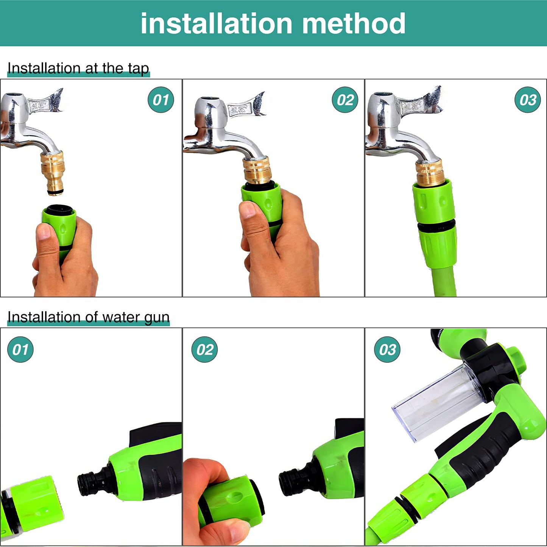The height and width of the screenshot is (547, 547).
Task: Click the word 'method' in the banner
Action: [354, 23]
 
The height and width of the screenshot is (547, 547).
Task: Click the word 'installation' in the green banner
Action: [216, 23]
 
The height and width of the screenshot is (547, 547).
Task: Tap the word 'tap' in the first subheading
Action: [138, 69]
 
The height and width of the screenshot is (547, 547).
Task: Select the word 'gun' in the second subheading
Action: [157, 317]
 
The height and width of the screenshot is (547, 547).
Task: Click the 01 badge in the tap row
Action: [161, 100]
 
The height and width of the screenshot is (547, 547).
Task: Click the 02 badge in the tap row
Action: [345, 100]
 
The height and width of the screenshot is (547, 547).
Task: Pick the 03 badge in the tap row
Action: [528, 100]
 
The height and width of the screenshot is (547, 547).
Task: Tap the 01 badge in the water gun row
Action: [20, 349]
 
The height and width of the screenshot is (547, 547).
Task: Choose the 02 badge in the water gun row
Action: [204, 349]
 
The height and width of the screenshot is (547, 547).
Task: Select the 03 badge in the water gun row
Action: [387, 349]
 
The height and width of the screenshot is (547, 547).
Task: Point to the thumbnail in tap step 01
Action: [44, 231]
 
